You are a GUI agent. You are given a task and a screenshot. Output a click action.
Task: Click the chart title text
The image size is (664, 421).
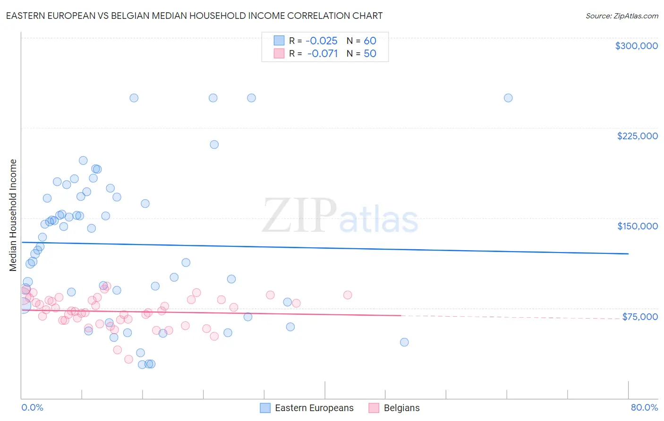click(194, 16)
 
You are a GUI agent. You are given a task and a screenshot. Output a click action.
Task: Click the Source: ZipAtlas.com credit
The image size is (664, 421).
click(621, 16)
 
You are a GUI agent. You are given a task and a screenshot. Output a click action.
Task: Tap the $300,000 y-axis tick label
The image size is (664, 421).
click(636, 46)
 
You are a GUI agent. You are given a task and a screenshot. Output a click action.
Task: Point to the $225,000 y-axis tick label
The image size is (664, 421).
click(637, 136)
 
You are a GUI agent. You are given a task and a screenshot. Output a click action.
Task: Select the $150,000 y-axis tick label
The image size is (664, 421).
click(637, 226)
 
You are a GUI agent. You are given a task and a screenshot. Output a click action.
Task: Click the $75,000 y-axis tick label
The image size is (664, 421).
click(639, 317)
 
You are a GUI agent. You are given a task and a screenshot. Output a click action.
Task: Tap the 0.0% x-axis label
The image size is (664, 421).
click(32, 407)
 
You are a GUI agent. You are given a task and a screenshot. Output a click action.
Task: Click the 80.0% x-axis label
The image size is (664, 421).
click(644, 407)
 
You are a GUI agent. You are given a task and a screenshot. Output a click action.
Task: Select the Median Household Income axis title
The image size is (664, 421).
click(13, 215)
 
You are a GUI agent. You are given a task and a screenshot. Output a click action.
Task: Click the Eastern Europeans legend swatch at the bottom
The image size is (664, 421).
click(265, 408)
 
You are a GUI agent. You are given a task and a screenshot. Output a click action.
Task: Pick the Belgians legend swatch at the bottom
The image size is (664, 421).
click(374, 408)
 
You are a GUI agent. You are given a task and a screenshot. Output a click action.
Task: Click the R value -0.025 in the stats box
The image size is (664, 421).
click(321, 41)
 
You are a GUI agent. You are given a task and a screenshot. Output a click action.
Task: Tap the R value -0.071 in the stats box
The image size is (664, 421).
click(322, 53)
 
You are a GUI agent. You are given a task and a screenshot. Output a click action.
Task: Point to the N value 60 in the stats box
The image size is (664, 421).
click(370, 41)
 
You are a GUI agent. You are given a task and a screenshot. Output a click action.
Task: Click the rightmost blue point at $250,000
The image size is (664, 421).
click(508, 98)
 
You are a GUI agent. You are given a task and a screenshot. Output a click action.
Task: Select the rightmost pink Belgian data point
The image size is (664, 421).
click(348, 295)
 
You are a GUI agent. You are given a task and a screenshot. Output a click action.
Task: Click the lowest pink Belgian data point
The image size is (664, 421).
click(128, 359)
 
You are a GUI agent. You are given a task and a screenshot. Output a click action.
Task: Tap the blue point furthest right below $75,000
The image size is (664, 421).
click(404, 342)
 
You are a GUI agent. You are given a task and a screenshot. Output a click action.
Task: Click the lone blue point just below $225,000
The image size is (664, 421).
click(214, 144)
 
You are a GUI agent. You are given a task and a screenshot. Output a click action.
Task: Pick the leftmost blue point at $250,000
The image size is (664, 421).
click(134, 98)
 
